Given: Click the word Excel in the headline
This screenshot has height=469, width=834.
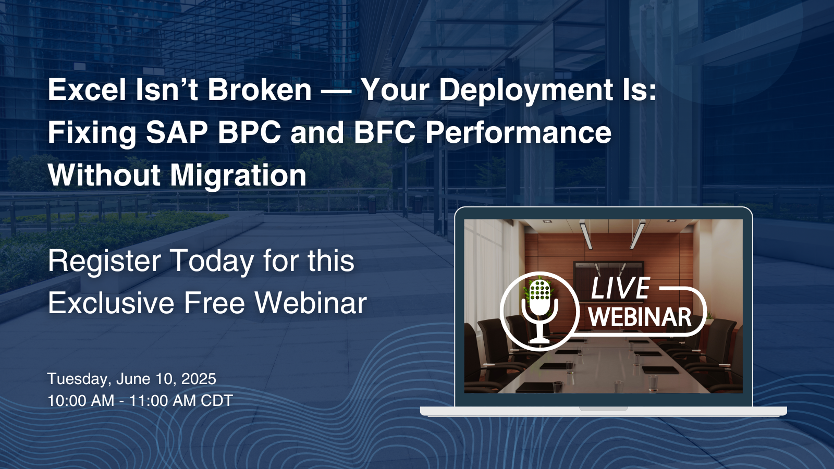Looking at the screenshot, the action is click(87, 90).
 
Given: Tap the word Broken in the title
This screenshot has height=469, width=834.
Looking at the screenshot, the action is click(260, 90).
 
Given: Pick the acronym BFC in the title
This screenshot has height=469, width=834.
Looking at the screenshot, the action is click(385, 132).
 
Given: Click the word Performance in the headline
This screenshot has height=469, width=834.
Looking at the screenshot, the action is click(519, 132).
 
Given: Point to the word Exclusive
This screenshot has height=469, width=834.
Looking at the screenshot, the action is click(112, 303).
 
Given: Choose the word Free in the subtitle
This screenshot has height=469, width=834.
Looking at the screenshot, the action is click(215, 303).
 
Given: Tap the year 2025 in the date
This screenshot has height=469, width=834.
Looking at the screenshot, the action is click(199, 379).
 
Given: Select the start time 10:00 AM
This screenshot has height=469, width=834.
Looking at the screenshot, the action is click(81, 401).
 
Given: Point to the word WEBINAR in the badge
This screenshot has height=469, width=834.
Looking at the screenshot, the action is click(640, 317).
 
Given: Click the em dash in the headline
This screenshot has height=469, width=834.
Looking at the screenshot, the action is click(336, 91).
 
